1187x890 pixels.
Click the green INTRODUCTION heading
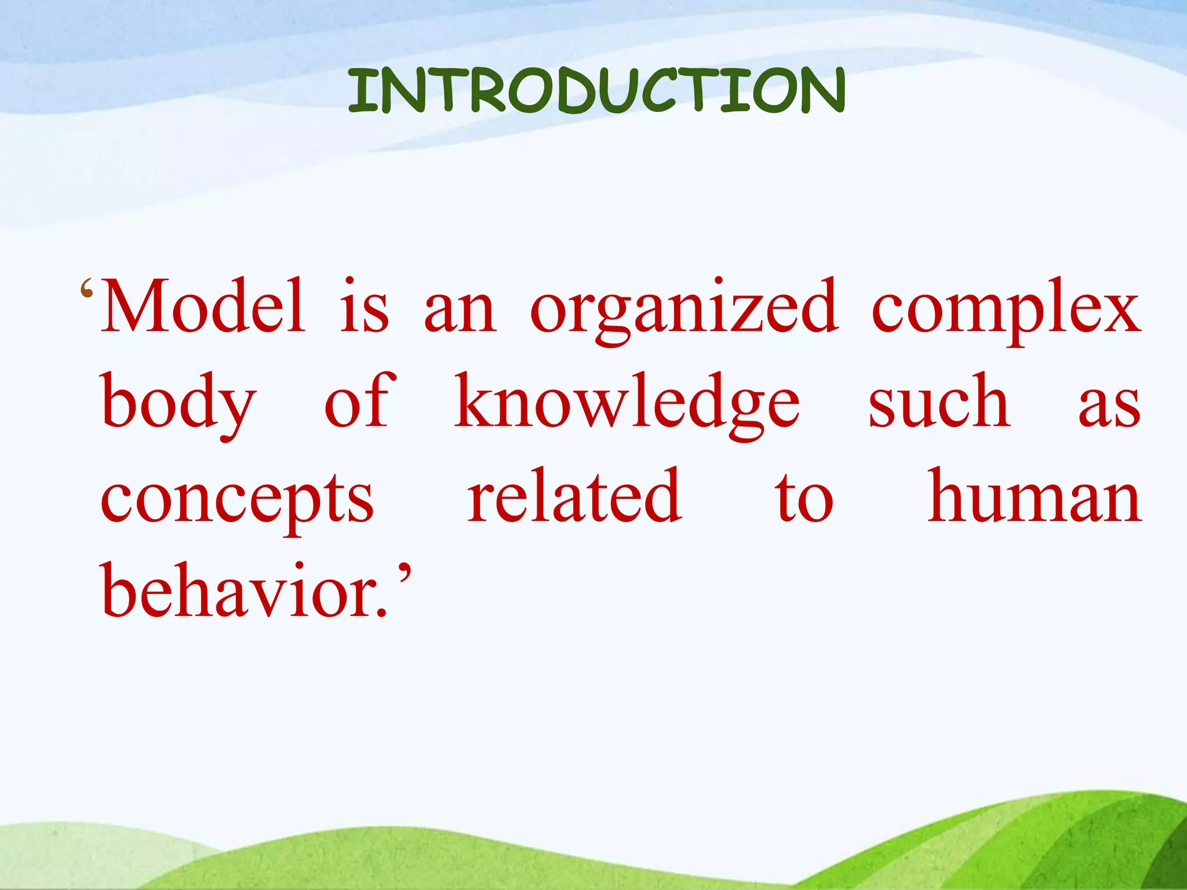596,91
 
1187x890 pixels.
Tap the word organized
684,310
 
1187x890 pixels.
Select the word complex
1006,310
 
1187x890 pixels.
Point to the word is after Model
363,307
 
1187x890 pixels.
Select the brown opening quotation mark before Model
87,288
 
